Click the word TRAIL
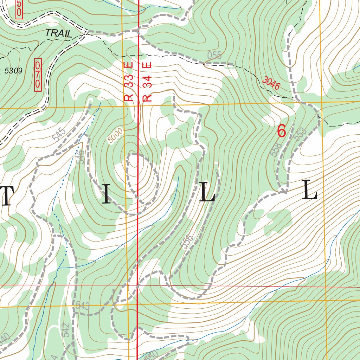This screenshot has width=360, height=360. [58, 34]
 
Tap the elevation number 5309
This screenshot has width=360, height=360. [14, 71]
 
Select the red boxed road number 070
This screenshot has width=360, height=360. [38, 75]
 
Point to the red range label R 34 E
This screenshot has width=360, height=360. [148, 82]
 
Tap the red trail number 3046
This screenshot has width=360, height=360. [271, 83]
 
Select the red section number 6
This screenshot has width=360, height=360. [281, 131]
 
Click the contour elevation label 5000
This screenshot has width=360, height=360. [116, 135]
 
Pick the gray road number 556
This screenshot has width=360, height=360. [188, 242]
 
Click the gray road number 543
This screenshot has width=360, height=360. [82, 306]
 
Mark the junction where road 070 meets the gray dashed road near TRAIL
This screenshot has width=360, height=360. [86, 32]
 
